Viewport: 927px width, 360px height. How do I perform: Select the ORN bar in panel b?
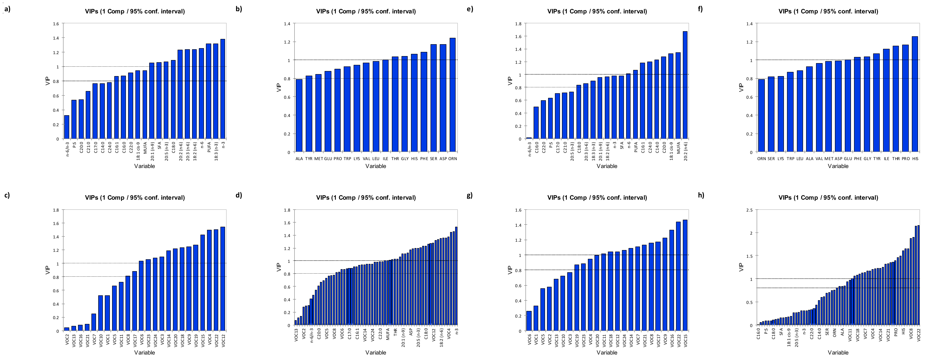pos(452,95)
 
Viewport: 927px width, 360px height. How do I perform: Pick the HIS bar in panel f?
pos(915,94)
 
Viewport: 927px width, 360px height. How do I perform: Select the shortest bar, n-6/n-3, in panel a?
pos(67,127)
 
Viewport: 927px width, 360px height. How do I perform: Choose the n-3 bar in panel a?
pos(223,89)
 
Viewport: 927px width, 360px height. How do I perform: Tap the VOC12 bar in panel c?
pos(223,279)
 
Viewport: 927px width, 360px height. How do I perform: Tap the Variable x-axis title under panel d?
pos(376,353)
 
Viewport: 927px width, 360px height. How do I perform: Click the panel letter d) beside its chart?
pos(239,195)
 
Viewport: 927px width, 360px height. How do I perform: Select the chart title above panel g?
pos(597,198)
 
